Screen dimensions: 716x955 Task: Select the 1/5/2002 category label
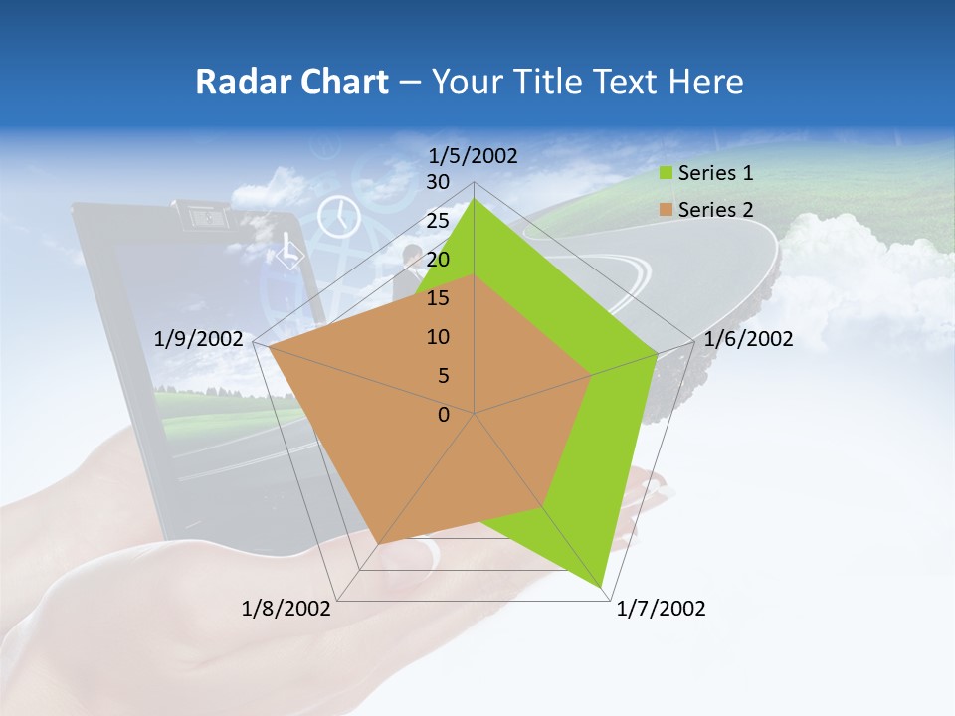pos(473,155)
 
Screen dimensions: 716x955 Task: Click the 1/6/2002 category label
pos(748,339)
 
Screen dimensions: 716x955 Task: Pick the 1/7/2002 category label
pos(661,609)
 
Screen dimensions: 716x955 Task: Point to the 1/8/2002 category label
pos(286,609)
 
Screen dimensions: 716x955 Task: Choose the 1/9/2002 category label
pos(199,339)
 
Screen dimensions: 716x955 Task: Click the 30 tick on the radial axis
pos(438,182)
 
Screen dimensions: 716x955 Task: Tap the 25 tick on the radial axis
pos(438,221)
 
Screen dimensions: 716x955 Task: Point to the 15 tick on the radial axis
pos(438,298)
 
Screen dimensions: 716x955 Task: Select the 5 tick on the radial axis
pos(443,376)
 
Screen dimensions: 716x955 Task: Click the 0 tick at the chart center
pos(444,415)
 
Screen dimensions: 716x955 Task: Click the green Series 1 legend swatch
pos(666,173)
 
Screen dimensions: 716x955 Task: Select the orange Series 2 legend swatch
pos(666,210)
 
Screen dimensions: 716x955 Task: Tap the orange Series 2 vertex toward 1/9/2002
pos(269,347)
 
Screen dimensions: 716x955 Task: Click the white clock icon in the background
pos(339,215)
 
